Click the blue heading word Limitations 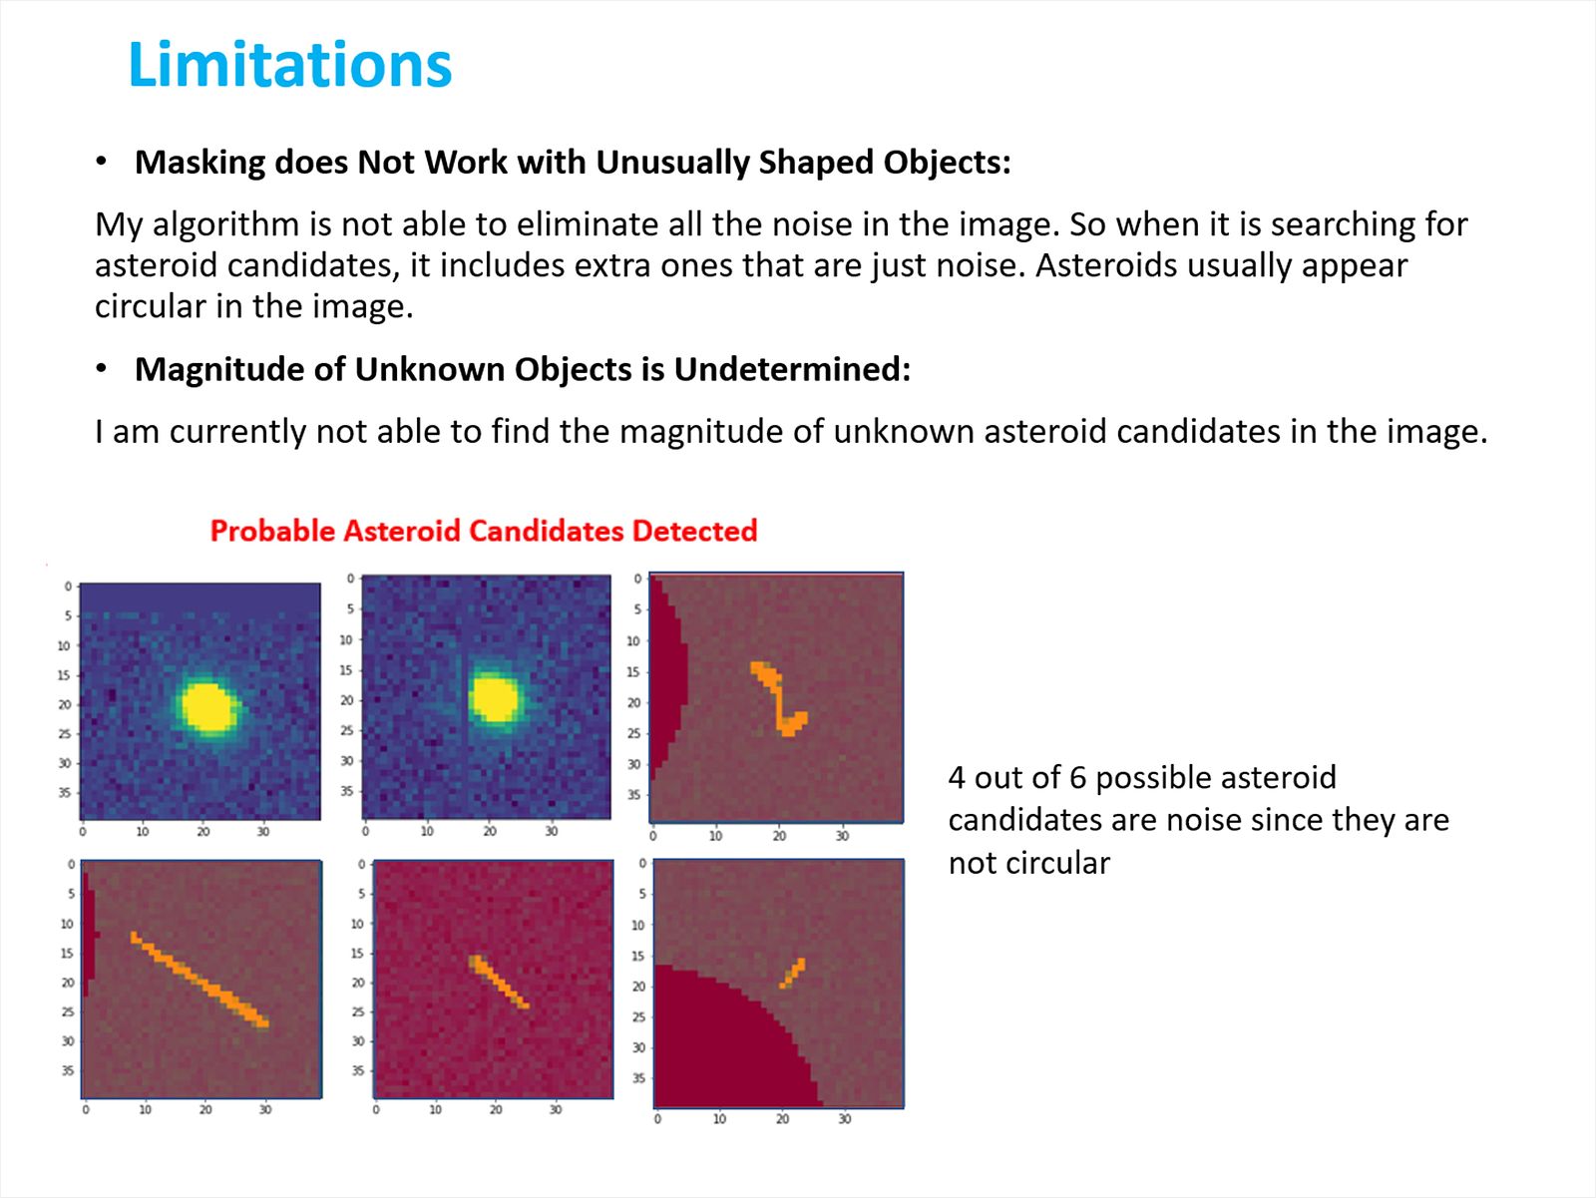pyautogui.click(x=290, y=65)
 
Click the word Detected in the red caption pyautogui.click(x=694, y=531)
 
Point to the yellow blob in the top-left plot pyautogui.click(x=208, y=706)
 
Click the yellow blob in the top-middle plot pyautogui.click(x=495, y=698)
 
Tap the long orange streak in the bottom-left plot pyautogui.click(x=199, y=980)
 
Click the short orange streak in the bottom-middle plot pyautogui.click(x=500, y=983)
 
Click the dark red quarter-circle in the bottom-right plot pyautogui.click(x=720, y=1046)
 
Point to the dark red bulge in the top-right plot pyautogui.click(x=665, y=676)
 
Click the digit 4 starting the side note pyautogui.click(x=957, y=778)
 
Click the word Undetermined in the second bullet pyautogui.click(x=793, y=370)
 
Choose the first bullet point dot pyautogui.click(x=101, y=162)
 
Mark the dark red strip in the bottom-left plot pyautogui.click(x=88, y=934)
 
